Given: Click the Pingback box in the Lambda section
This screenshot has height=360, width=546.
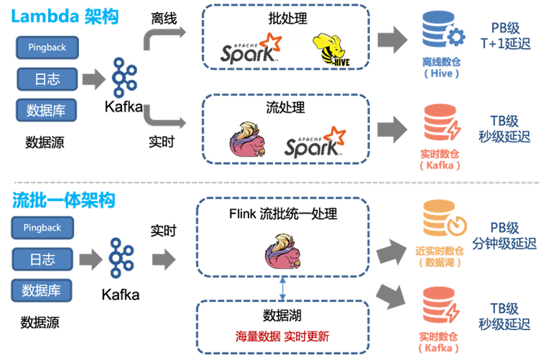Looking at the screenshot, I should point(46,48).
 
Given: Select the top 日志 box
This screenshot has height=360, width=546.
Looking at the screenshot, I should point(46,78).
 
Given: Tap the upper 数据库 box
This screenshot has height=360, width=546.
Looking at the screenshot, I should point(46,108).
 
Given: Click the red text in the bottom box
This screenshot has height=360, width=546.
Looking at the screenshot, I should point(281,334).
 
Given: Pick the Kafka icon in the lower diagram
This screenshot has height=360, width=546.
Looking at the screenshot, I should point(122,257).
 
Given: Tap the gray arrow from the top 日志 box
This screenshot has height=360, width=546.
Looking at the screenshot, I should point(95,78).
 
